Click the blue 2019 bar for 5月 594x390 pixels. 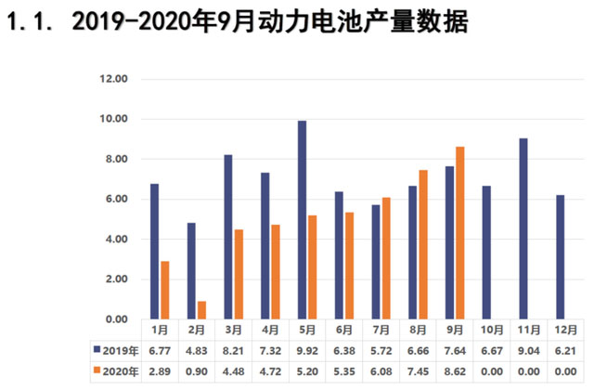coord(302,220)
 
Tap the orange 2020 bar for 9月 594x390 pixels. coord(460,233)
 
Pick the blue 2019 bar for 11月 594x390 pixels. coord(523,228)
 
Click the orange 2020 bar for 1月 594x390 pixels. coord(164,290)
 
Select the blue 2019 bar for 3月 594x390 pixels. coord(227,237)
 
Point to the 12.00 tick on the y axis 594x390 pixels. coord(112,79)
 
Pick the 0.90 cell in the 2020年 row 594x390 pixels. coord(197,371)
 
